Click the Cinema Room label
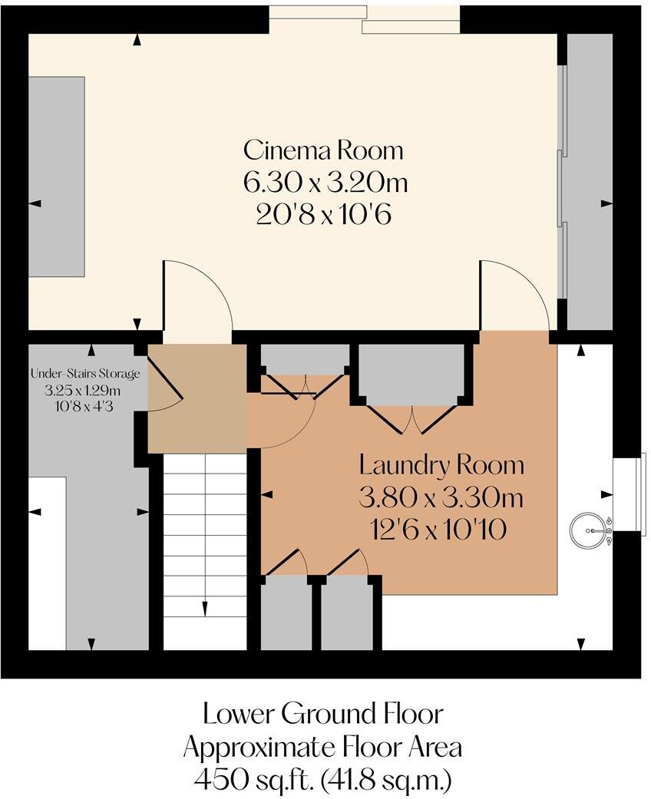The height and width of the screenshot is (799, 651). pos(323,149)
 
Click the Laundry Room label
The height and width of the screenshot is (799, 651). pos(441,464)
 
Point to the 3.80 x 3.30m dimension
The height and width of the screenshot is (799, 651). pos(441,498)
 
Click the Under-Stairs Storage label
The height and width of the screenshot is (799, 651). pos(85,375)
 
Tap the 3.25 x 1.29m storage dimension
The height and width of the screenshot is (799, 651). pos(84,389)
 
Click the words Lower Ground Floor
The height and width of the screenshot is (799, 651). pos(323,714)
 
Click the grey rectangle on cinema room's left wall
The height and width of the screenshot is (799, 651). pos(57,177)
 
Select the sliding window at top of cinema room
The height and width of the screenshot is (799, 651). pos(365,18)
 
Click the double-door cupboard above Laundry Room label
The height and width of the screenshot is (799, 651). pos(412,376)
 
